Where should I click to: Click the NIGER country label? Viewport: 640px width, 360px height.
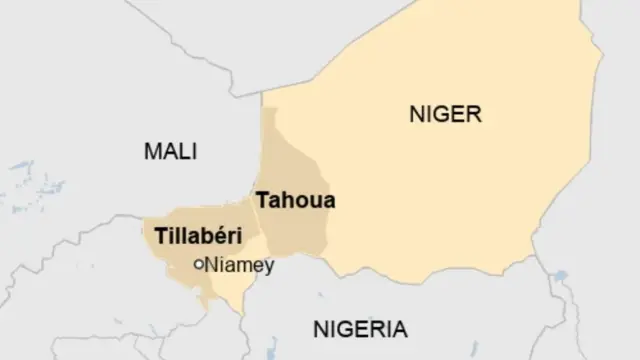(445, 115)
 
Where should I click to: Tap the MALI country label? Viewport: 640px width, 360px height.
(170, 152)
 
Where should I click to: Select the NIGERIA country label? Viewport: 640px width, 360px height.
(359, 329)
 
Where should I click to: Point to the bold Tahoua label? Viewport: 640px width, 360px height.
(296, 200)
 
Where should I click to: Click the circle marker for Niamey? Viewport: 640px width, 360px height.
(198, 264)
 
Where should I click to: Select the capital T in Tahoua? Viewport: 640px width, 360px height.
(263, 200)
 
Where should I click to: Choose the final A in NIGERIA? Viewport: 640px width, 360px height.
(399, 329)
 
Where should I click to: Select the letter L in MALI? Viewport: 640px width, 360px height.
(186, 152)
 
